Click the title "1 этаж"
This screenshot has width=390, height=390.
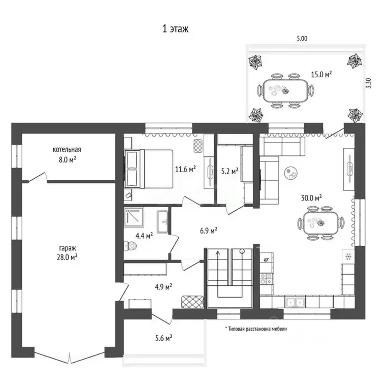tap(175, 29)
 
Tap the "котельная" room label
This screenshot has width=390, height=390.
tap(67, 149)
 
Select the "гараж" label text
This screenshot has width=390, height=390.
tap(68, 248)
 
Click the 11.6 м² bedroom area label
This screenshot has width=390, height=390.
tap(185, 170)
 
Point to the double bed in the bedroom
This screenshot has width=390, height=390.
tap(148, 169)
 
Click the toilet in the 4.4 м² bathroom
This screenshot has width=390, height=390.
tap(131, 246)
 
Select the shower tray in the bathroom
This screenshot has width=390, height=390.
tap(134, 217)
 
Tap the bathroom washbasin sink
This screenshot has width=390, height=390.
tap(163, 221)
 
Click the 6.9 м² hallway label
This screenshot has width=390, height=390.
tap(208, 231)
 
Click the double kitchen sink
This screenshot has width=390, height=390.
tap(295, 302)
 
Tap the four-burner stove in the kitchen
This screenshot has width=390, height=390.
tap(267, 279)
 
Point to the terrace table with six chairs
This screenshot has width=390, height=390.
tap(285, 90)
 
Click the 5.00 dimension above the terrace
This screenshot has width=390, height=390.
tap(302, 39)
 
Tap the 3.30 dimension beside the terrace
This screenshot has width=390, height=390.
tap(369, 83)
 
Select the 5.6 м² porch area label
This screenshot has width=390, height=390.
tap(164, 338)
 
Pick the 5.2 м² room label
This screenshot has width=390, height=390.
tap(230, 171)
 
